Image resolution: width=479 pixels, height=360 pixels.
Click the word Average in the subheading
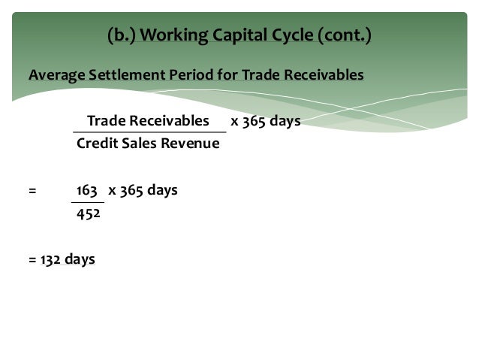55,75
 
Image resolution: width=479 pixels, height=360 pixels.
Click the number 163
89,190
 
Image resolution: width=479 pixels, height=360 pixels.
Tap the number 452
89,213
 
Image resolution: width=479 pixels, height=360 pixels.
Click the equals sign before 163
32,190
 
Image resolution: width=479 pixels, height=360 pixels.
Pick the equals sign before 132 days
32,259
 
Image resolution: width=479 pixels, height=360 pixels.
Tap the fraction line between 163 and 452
88,202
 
